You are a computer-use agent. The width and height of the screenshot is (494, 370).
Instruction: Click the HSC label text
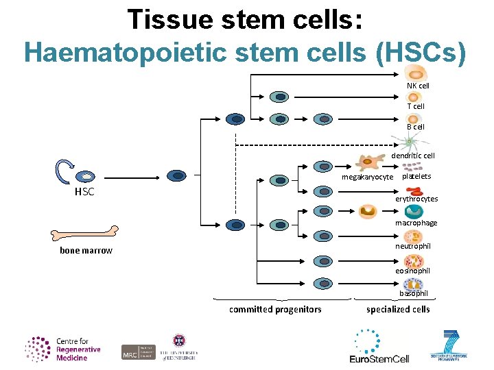pyautogui.click(x=84, y=192)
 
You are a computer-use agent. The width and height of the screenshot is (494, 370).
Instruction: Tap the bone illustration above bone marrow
pyautogui.click(x=85, y=232)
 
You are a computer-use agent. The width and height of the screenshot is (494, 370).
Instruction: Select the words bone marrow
pyautogui.click(x=86, y=251)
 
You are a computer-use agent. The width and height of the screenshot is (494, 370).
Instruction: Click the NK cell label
pyautogui.click(x=418, y=86)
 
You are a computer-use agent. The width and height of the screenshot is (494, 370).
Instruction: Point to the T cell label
pyautogui.click(x=416, y=106)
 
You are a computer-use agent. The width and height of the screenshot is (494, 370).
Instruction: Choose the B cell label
pyautogui.click(x=416, y=127)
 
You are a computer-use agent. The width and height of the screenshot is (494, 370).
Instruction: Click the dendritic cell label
pyautogui.click(x=413, y=156)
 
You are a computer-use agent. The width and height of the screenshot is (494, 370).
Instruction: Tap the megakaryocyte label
pyautogui.click(x=368, y=177)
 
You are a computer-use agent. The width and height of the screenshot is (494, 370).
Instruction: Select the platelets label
pyautogui.click(x=416, y=176)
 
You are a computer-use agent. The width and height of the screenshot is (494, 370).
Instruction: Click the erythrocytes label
pyautogui.click(x=416, y=199)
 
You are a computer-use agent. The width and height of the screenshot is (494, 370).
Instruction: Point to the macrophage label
pyautogui.click(x=416, y=223)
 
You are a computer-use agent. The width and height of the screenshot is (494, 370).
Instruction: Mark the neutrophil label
pyautogui.click(x=413, y=246)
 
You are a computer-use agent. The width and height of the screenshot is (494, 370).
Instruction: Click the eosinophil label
pyautogui.click(x=413, y=271)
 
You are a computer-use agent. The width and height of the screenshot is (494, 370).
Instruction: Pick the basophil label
pyautogui.click(x=414, y=293)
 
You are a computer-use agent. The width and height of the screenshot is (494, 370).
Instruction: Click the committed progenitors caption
pyautogui.click(x=275, y=310)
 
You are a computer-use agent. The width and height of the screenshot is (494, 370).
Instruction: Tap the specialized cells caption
pyautogui.click(x=398, y=310)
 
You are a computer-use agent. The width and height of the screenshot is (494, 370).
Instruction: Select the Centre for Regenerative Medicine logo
pyautogui.click(x=63, y=349)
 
